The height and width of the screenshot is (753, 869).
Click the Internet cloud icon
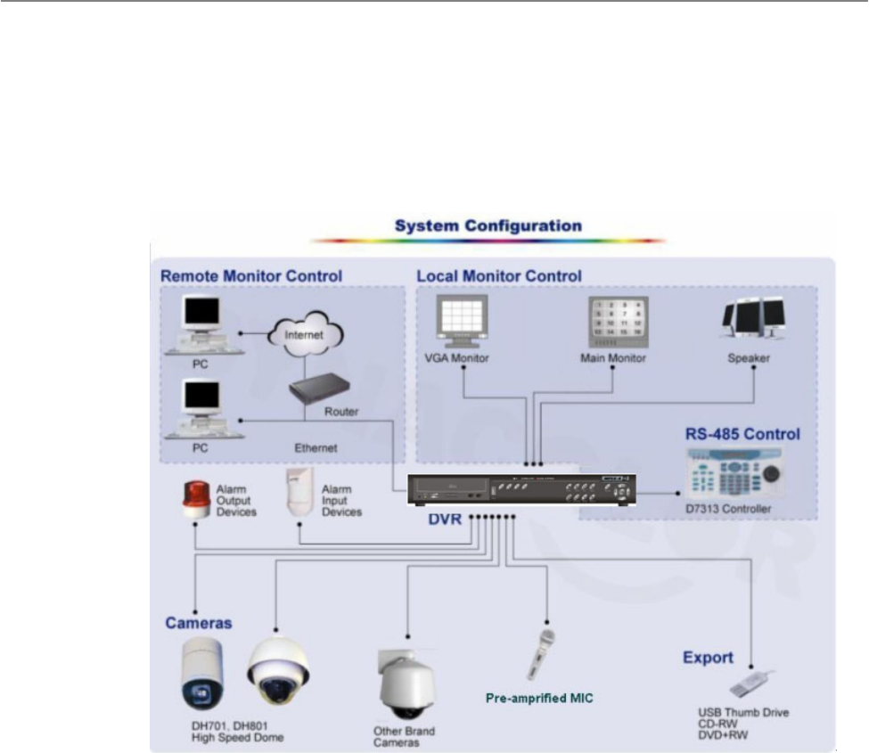point(306,333)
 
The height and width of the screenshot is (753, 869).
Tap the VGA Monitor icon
point(463,322)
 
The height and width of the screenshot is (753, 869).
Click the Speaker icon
point(753,318)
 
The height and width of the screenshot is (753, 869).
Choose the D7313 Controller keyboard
point(735,474)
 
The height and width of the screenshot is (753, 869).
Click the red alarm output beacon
point(197,499)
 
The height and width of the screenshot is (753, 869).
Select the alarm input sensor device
point(299,492)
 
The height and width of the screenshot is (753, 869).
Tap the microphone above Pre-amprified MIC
point(540,654)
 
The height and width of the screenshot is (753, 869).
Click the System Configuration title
point(488,225)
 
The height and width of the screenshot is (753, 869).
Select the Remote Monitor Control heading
point(251,276)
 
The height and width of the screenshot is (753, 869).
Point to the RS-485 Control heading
point(742,434)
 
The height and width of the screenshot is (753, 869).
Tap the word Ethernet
point(316,447)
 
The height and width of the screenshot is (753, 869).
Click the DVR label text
point(445,520)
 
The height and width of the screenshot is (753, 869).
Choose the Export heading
point(708,658)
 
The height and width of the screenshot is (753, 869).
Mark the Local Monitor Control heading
point(499,276)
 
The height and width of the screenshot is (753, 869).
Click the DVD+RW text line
point(723,735)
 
